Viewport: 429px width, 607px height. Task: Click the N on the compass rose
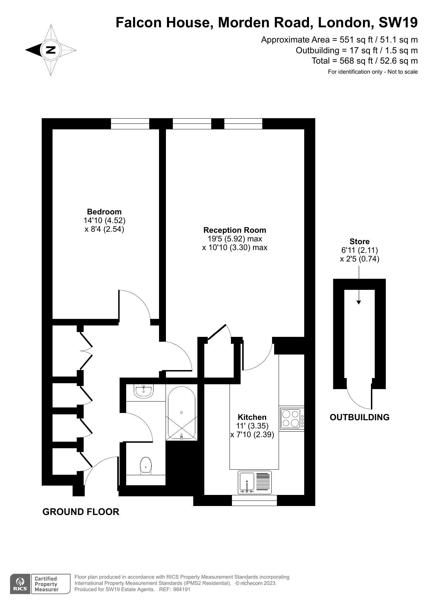[51, 50]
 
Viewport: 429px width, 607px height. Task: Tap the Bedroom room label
[104, 212]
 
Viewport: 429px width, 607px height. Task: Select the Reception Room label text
[234, 230]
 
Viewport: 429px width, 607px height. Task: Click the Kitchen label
[252, 417]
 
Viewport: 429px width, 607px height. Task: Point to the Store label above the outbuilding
[359, 241]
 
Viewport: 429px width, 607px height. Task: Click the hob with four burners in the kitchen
[290, 419]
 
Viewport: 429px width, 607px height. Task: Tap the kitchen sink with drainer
[255, 482]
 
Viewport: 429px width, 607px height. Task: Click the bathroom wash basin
[144, 392]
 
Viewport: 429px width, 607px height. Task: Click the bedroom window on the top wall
[130, 124]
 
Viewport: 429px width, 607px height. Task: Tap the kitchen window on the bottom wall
[254, 500]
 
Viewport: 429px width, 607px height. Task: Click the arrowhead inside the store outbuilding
[358, 302]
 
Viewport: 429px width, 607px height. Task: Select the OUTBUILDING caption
[359, 417]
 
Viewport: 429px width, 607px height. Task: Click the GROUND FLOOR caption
[81, 512]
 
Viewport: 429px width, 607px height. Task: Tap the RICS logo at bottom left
[20, 584]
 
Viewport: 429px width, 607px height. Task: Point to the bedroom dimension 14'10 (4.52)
[104, 220]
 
